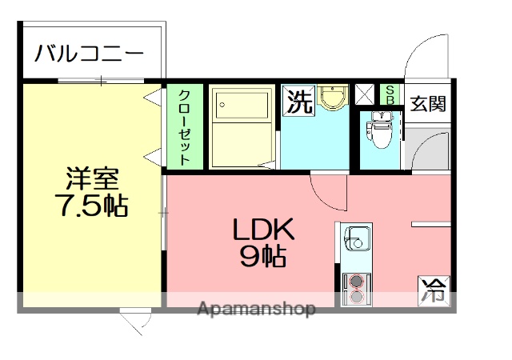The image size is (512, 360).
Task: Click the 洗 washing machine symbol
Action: tap(298, 102)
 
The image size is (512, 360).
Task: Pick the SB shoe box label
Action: tap(390, 94)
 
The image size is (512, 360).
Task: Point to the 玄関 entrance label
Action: tap(429, 104)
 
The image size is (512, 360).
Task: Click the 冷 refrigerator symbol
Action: tap(434, 289)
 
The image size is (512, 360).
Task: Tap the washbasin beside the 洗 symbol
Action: tap(330, 98)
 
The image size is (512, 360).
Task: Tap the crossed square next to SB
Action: tap(365, 94)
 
